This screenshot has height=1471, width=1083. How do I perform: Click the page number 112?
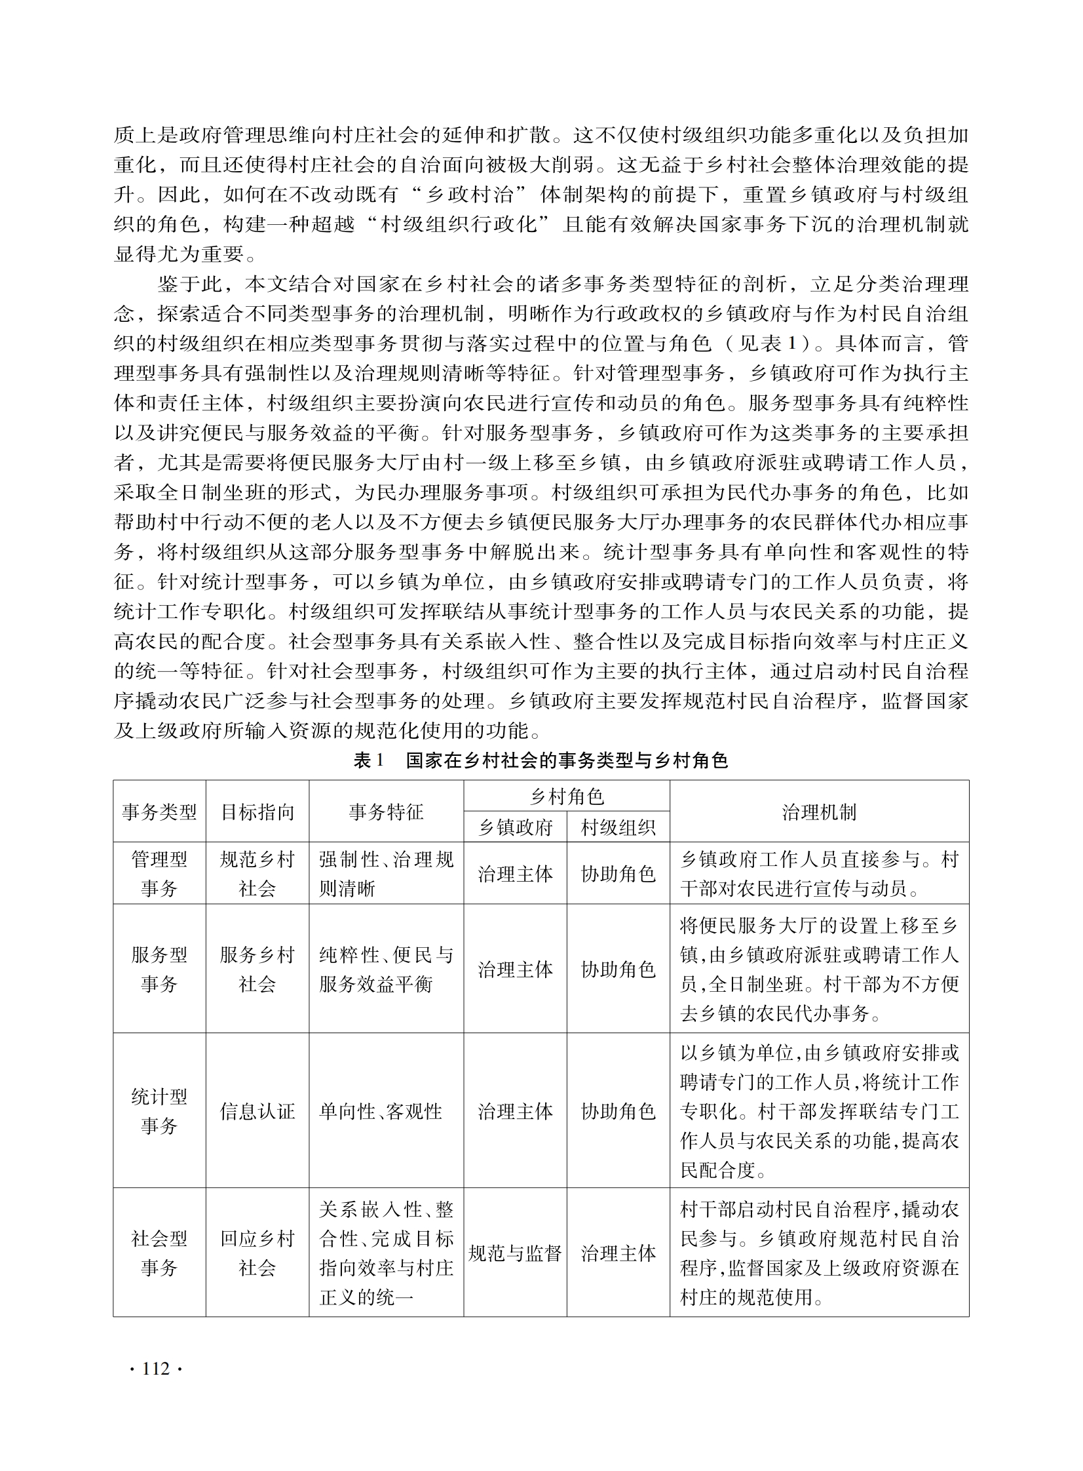click(155, 1369)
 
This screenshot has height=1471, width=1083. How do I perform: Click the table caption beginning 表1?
click(541, 760)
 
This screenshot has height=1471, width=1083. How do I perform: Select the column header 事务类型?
click(159, 812)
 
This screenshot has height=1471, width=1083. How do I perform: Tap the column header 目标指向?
click(257, 812)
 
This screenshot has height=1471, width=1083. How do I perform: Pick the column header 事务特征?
click(386, 812)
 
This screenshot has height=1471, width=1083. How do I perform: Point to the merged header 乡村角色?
click(567, 796)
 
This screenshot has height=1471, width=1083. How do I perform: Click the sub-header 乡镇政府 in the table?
click(515, 828)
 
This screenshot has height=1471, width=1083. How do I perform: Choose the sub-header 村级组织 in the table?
click(618, 828)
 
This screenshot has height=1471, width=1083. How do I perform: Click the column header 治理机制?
click(819, 812)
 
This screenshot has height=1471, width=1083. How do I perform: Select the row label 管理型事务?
click(159, 874)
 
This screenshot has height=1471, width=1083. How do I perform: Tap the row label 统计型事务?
click(159, 1111)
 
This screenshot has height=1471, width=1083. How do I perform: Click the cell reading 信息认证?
click(257, 1111)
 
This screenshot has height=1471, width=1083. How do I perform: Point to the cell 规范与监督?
click(515, 1253)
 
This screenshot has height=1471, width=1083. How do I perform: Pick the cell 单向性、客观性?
click(380, 1111)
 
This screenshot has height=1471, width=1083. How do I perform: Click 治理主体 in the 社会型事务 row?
click(618, 1253)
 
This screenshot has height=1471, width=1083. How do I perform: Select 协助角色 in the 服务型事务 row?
click(618, 970)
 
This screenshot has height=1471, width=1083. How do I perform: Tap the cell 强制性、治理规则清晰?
click(386, 874)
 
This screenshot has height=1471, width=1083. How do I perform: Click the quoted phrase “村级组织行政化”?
click(457, 224)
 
